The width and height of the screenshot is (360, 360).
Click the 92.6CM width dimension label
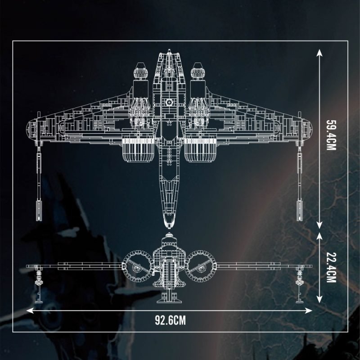click(x=170, y=320)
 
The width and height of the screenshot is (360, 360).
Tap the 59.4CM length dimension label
click(x=331, y=135)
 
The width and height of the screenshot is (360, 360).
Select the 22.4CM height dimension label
click(x=331, y=267)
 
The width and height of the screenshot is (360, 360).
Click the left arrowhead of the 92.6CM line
click(x=30, y=310)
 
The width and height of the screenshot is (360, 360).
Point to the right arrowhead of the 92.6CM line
click(x=309, y=310)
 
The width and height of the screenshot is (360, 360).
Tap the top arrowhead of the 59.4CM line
click(x=319, y=53)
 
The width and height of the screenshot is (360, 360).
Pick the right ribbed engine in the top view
click(x=200, y=150)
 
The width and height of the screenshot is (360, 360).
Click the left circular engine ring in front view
click(x=138, y=266)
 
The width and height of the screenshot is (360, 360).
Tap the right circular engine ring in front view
click(x=201, y=266)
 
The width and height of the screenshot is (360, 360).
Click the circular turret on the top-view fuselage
click(x=169, y=103)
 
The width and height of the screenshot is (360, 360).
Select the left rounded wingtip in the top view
click(x=31, y=129)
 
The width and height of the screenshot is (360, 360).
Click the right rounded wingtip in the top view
click(x=307, y=129)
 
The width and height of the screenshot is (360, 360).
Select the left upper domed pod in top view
click(x=140, y=71)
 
